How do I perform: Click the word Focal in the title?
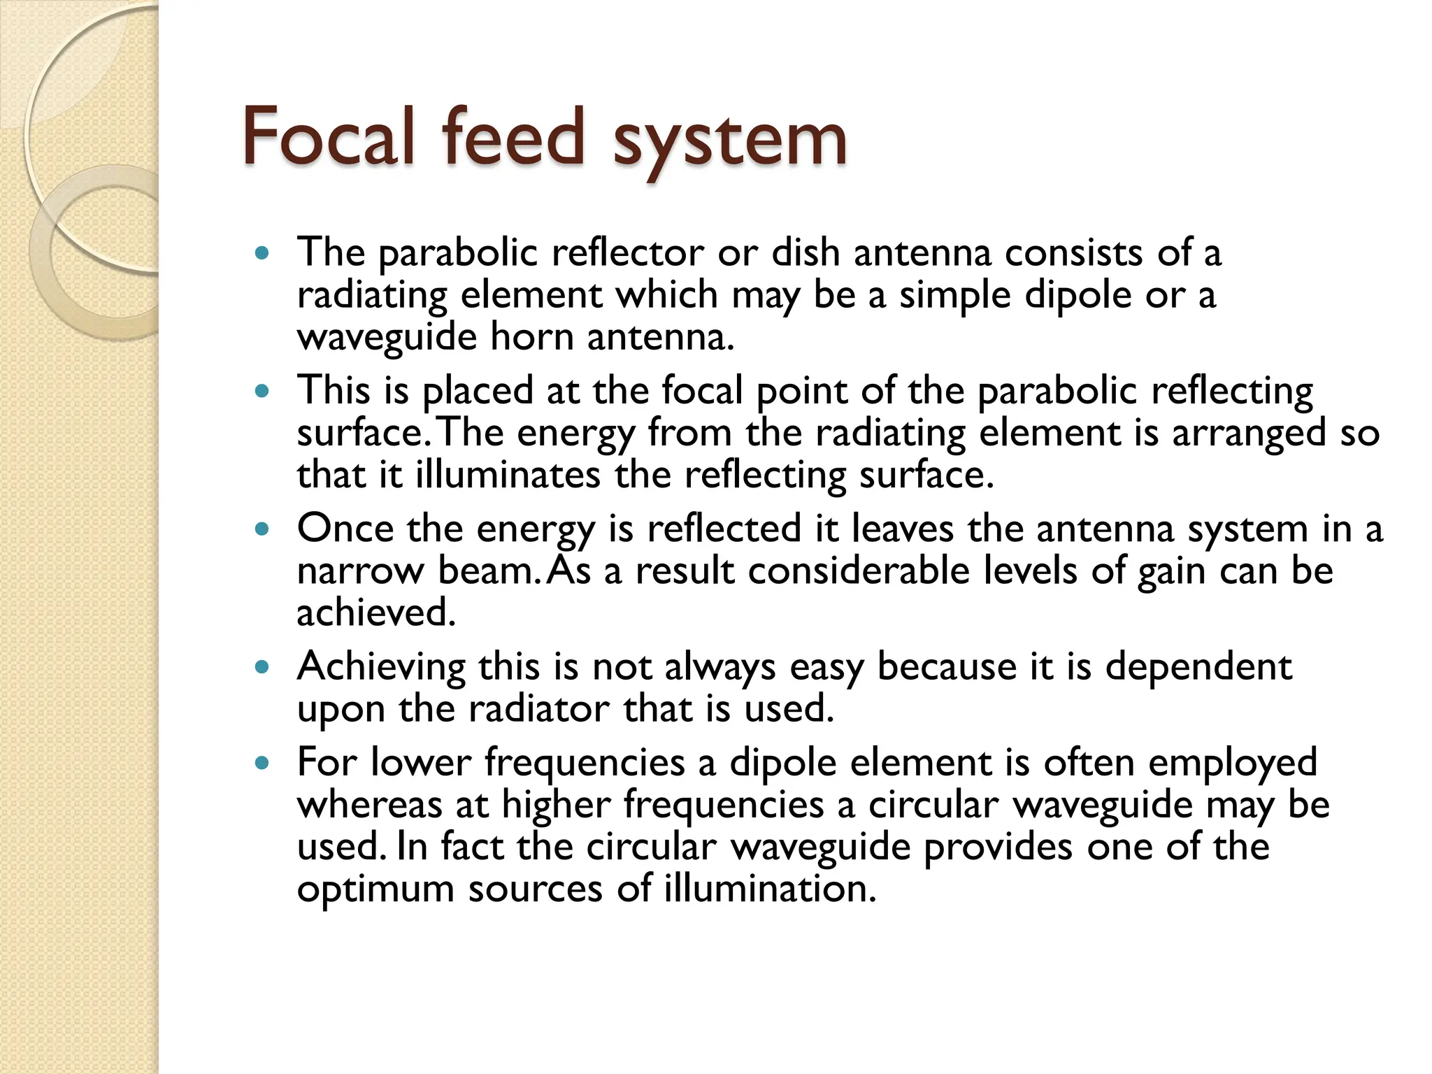[x=329, y=138]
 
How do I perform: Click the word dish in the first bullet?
[x=805, y=252]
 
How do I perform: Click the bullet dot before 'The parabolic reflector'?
[x=262, y=253]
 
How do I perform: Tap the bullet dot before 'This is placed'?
[x=262, y=391]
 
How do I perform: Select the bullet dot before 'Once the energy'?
[x=262, y=529]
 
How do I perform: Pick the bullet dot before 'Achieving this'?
[x=262, y=667]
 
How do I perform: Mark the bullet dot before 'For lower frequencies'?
[x=262, y=763]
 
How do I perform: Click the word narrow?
[x=359, y=572]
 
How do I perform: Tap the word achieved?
[x=376, y=613]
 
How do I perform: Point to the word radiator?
[x=538, y=709]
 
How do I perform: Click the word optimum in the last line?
[x=375, y=890]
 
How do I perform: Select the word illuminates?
[x=508, y=475]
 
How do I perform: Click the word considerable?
[x=859, y=571]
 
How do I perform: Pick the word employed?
[x=1232, y=763]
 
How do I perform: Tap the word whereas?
[x=369, y=805]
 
